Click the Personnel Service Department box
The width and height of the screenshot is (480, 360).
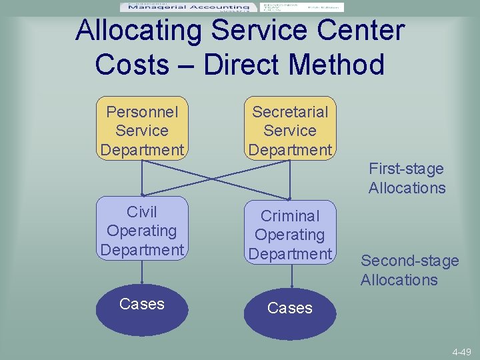coord(141,129)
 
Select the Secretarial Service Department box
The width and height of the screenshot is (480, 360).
coord(290,129)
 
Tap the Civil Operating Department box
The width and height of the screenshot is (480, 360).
coord(141,230)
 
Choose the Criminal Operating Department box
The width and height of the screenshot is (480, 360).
coord(290,234)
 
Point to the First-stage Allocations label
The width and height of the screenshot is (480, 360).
coord(407,179)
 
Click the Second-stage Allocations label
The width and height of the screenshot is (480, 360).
coord(409,270)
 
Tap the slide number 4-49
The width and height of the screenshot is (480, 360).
coord(461,352)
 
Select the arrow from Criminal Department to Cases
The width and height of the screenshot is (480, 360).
coord(290,279)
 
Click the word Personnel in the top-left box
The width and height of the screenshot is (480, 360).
coord(142,111)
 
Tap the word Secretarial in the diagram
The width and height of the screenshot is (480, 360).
coord(290,111)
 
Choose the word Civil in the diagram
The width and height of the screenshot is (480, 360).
coord(142,212)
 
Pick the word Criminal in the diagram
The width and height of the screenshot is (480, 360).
coord(290,216)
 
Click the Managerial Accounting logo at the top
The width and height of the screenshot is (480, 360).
coord(187,7)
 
